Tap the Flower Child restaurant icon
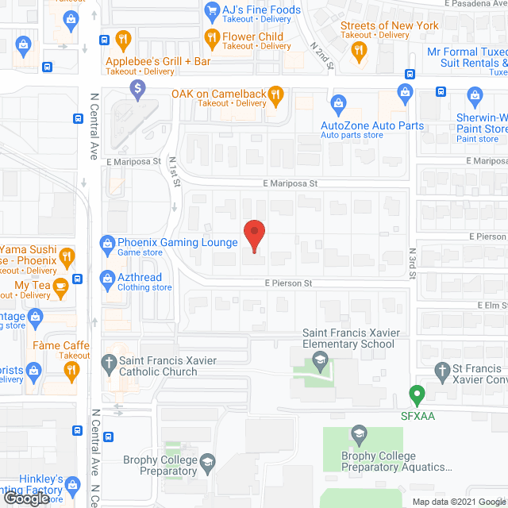tap(212, 37)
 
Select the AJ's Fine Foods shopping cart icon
tap(212, 10)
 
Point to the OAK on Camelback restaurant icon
tap(275, 94)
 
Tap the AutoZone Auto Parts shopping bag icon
tap(339, 102)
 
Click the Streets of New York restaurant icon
tap(360, 50)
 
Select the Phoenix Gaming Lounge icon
tap(106, 242)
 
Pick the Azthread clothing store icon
tap(106, 279)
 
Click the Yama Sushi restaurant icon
tap(67, 256)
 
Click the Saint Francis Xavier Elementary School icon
tap(319, 363)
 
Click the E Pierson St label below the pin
tap(289, 283)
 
